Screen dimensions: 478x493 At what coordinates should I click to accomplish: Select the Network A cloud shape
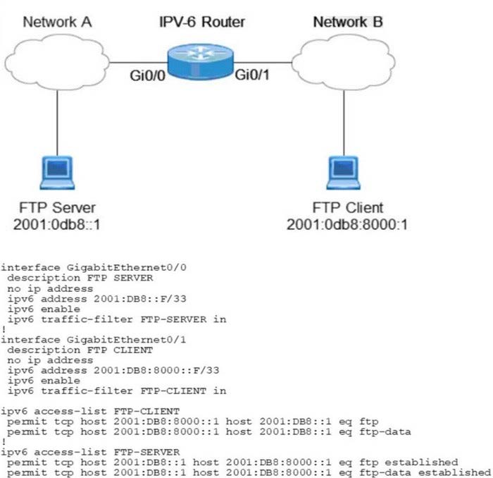pos(56,61)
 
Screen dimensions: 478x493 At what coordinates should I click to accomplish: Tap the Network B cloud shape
pos(344,59)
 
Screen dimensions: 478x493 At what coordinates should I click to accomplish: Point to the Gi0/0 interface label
pos(146,74)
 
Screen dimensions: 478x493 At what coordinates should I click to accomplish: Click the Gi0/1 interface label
pos(252,74)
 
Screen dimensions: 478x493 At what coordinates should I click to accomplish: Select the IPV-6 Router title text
pos(201,22)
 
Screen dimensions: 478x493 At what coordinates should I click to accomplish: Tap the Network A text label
pos(57,22)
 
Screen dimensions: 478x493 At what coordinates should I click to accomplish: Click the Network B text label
pos(348,22)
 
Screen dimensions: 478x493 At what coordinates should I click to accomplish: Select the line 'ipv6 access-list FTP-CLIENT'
pos(90,410)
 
